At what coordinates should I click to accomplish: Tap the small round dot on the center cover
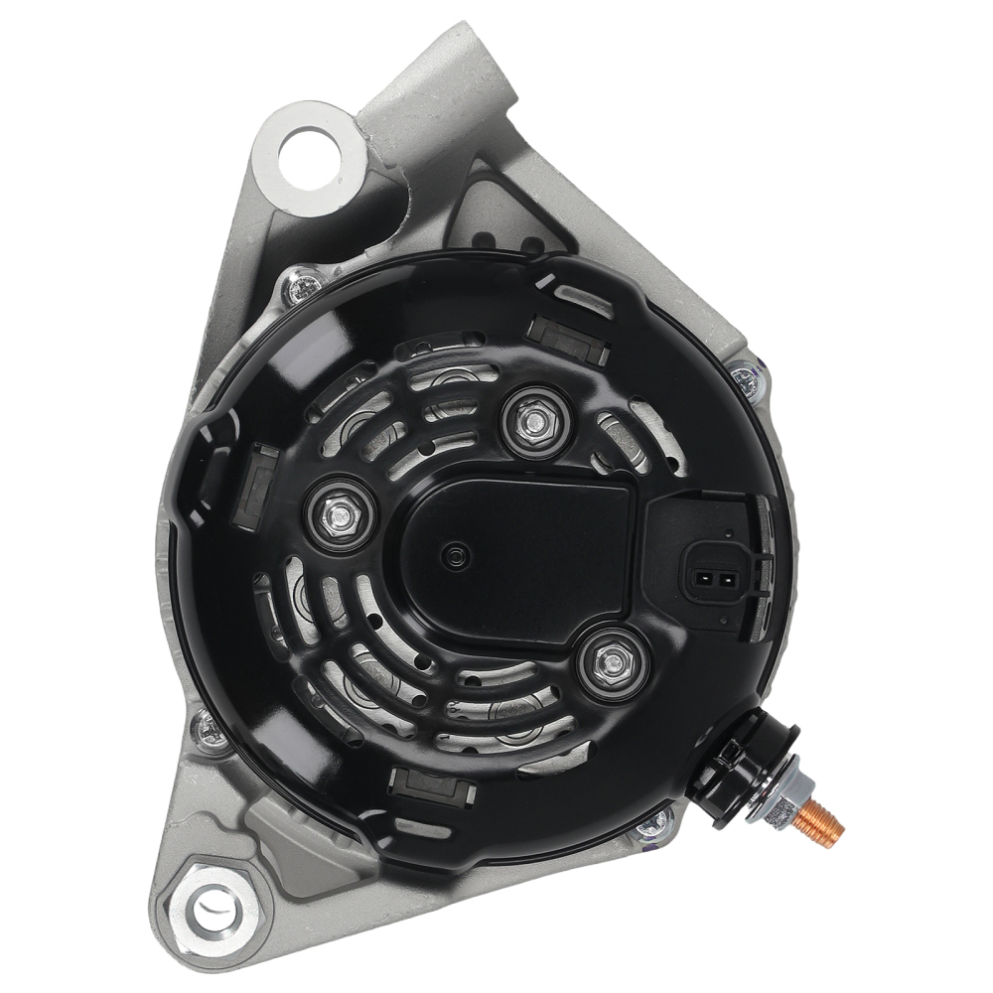click(456, 558)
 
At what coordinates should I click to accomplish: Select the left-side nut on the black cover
click(338, 511)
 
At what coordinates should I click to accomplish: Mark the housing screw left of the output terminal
click(652, 822)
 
